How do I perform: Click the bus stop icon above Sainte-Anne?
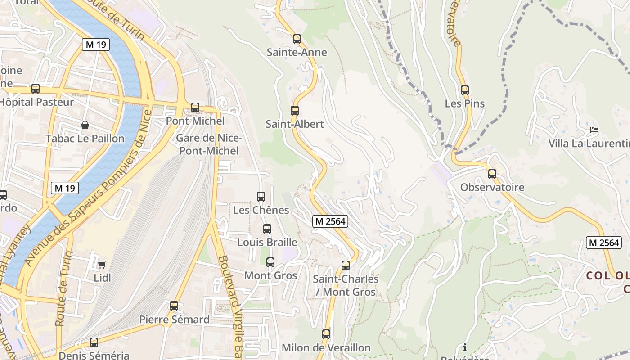point(297,39)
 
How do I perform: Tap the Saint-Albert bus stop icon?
point(295,111)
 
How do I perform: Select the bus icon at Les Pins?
point(465,90)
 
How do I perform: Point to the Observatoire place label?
point(492,187)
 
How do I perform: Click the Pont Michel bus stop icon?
point(195,108)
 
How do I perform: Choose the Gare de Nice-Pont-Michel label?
point(209,144)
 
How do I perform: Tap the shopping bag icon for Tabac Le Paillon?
point(85,125)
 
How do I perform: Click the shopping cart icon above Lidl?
point(102,265)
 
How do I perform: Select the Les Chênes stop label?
point(261,210)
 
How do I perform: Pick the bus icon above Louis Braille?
point(267,229)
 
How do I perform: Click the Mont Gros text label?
point(270,275)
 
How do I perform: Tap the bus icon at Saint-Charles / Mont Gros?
point(346,265)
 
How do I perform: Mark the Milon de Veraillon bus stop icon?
point(326,334)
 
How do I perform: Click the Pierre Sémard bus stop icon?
point(174,306)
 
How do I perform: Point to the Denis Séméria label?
point(94,355)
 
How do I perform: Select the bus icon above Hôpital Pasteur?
point(36,89)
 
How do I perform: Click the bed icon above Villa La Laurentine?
point(594,130)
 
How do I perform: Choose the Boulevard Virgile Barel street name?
point(230,306)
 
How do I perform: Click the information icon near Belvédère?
point(465,347)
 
